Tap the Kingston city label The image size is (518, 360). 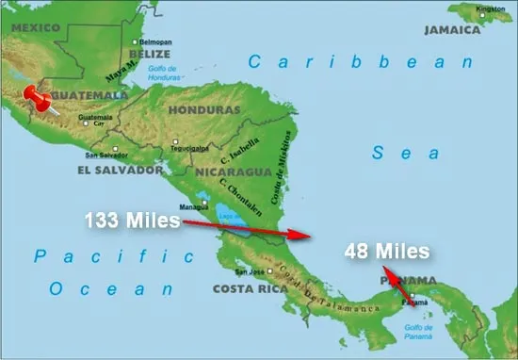(490, 9)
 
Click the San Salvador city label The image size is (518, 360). (105, 155)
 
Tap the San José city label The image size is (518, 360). (252, 271)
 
